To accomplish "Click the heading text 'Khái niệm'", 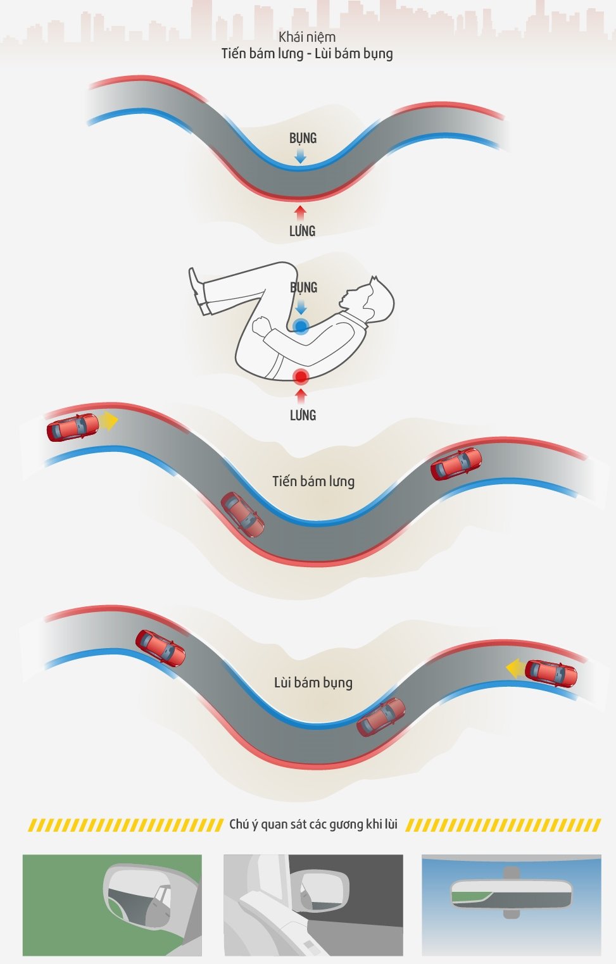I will [307, 37].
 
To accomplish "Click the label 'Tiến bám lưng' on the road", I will [313, 482].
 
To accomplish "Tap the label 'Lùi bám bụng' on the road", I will [313, 682].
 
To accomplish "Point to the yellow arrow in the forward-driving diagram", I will [110, 421].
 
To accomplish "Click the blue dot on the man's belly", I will [301, 327].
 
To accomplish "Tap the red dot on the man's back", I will [301, 377].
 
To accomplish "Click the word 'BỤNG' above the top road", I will [303, 138].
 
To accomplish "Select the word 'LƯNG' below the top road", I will [302, 231].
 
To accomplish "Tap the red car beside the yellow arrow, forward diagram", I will [73, 427].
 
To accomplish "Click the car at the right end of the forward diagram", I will [456, 464].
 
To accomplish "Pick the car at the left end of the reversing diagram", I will [160, 648].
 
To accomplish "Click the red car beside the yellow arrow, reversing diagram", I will [551, 673].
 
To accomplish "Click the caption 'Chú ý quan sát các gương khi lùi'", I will [313, 824].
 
